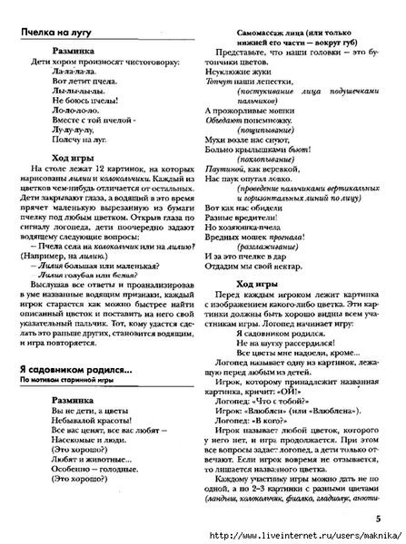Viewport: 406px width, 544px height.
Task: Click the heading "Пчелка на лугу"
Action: [x=55, y=33]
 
